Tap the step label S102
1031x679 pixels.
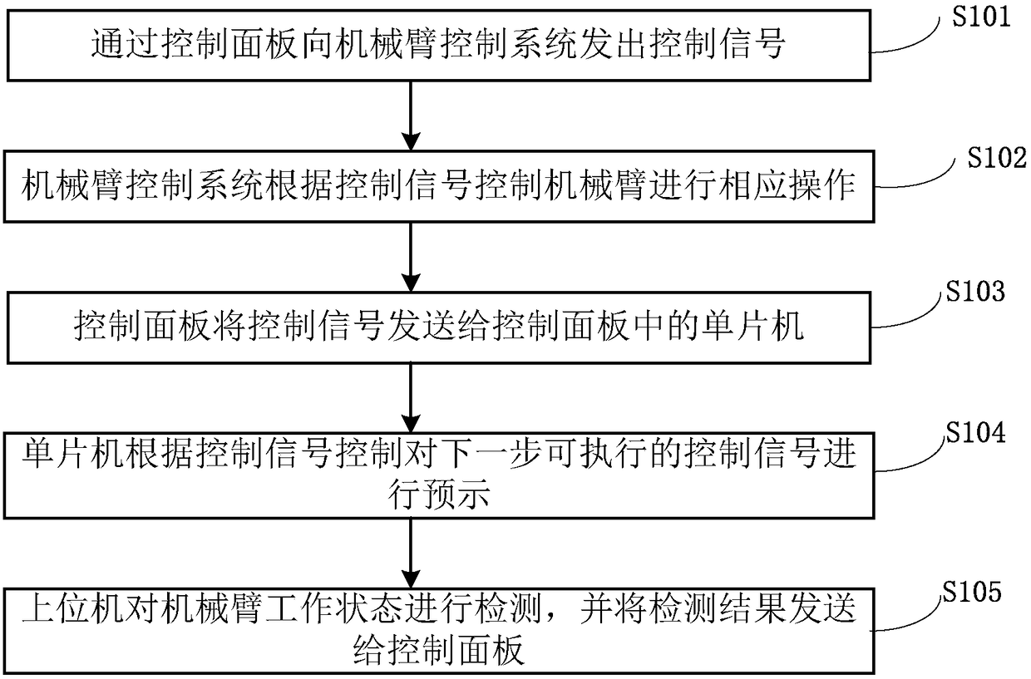click(997, 159)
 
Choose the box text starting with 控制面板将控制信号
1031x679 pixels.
click(437, 327)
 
